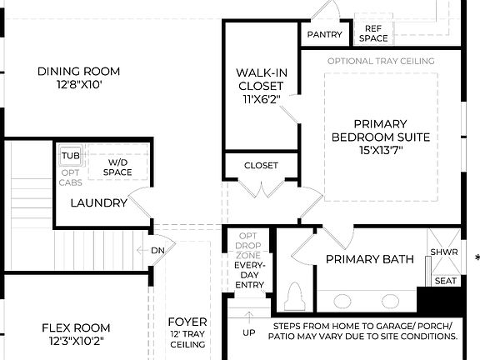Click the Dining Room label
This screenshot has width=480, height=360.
click(x=79, y=72)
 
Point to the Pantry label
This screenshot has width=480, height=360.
click(x=325, y=34)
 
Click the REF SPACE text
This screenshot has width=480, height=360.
click(x=372, y=33)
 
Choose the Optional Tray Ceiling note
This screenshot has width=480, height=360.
click(x=381, y=62)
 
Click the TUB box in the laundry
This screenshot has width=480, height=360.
click(x=69, y=155)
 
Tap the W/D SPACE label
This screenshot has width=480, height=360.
click(x=117, y=167)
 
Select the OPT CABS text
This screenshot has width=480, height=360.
click(x=69, y=178)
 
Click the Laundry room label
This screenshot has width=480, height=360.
click(x=98, y=202)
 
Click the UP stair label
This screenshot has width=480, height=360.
click(x=249, y=332)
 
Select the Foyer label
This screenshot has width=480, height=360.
click(x=187, y=322)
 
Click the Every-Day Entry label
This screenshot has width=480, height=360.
click(x=249, y=275)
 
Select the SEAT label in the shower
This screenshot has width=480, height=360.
click(x=446, y=281)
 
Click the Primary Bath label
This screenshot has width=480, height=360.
click(x=369, y=259)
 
